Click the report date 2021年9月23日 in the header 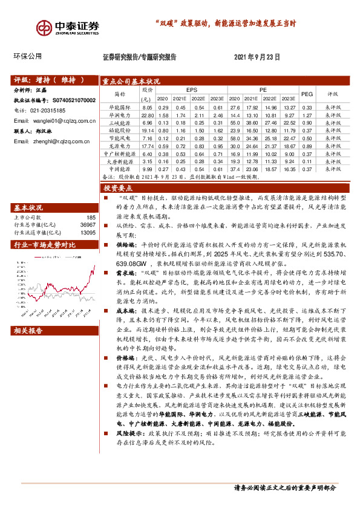tap(257, 57)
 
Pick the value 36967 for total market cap tap(88, 225)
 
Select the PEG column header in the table tap(307, 94)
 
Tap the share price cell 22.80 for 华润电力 tap(148, 115)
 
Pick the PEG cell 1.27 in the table tap(307, 115)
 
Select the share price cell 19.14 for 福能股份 tap(148, 131)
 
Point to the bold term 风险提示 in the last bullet tap(120, 467)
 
